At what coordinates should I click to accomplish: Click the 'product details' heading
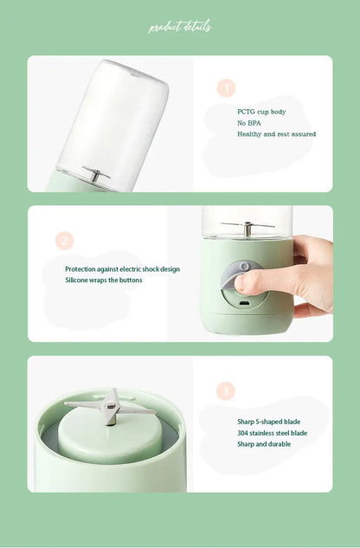tap(180, 27)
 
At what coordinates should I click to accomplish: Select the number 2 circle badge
tap(64, 241)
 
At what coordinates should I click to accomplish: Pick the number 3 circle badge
tap(226, 391)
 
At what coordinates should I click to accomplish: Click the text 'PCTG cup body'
tap(261, 112)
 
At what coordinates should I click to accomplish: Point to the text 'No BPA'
tap(249, 123)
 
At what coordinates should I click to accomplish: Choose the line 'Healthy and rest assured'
tap(277, 134)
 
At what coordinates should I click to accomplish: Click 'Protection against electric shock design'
tap(122, 269)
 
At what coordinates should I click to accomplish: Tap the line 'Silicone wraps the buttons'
tap(104, 280)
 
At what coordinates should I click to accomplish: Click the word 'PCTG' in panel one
tap(247, 112)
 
